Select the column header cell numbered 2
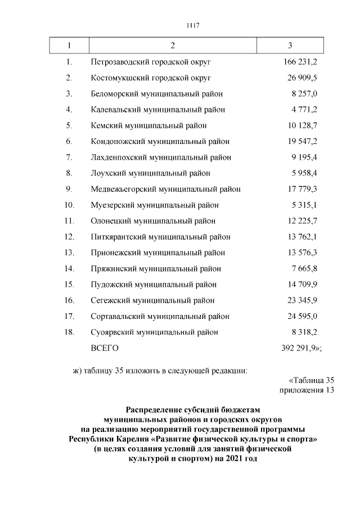click(172, 45)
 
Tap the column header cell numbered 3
click(289, 45)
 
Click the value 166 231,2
click(300, 61)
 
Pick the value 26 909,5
click(303, 77)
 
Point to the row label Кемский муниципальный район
click(148, 125)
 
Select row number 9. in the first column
click(69, 189)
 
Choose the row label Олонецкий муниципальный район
click(153, 221)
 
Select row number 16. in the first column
click(70, 300)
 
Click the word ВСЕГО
click(104, 348)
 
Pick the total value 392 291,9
click(300, 348)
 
